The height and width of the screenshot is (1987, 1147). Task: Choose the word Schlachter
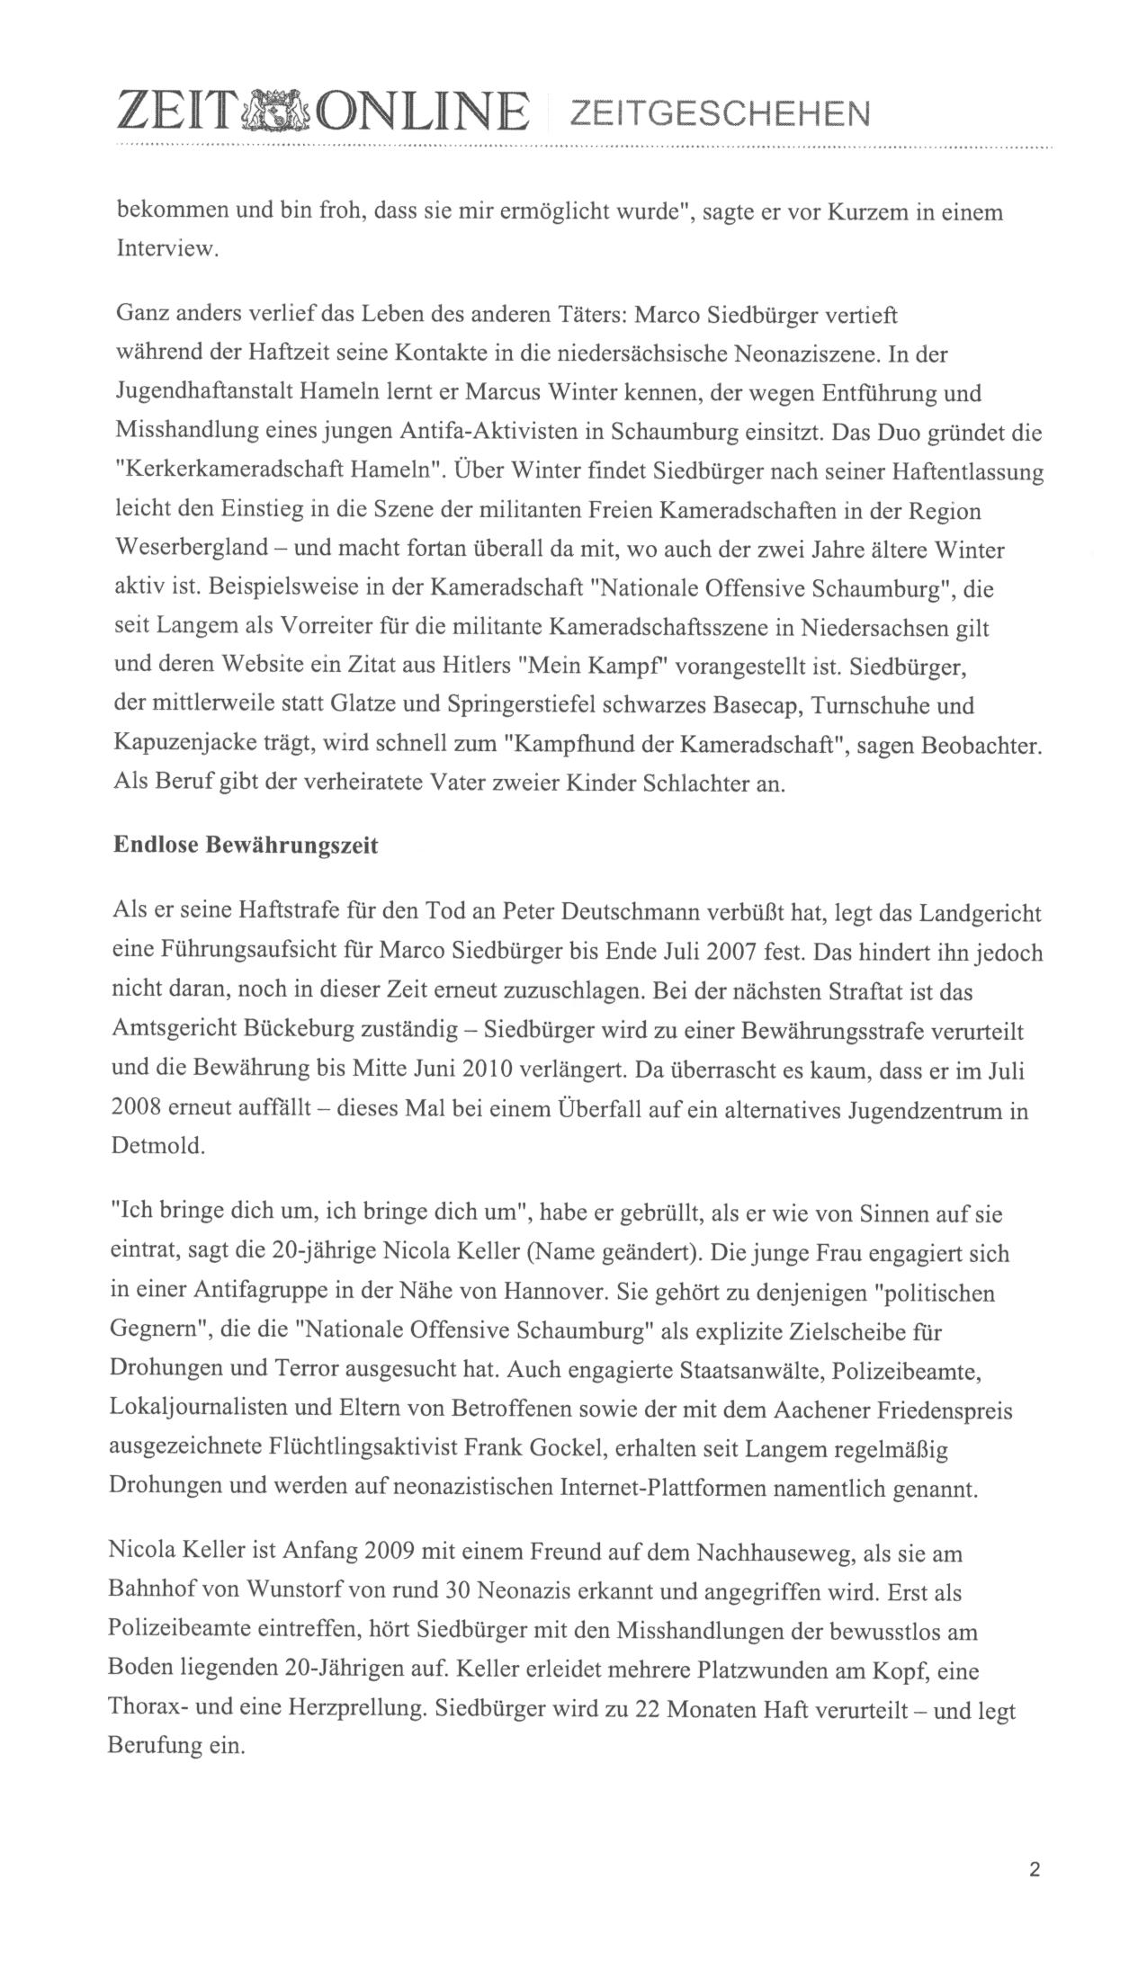(x=699, y=783)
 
